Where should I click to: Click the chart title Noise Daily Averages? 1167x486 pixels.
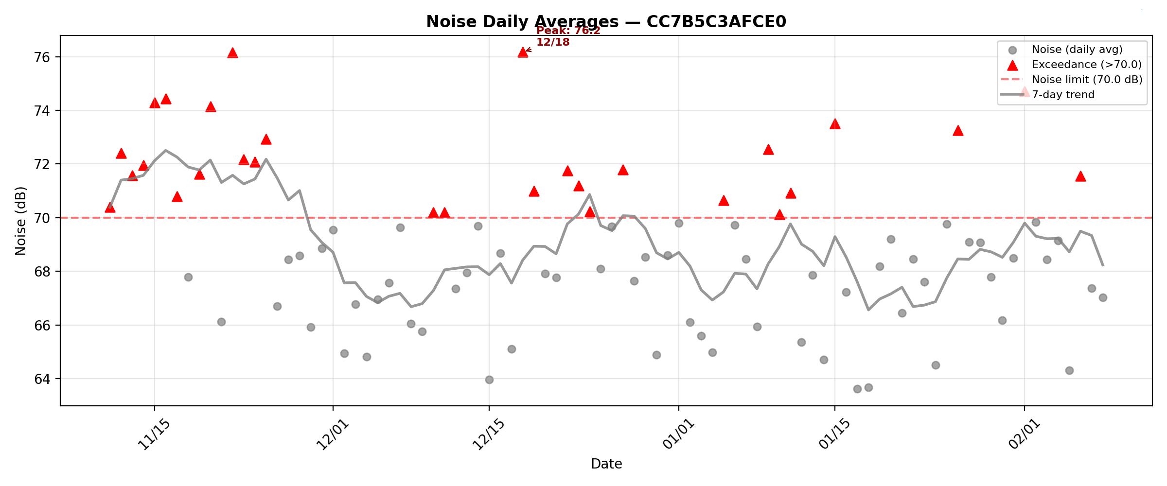[606, 22]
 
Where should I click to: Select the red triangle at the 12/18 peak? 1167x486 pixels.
[523, 52]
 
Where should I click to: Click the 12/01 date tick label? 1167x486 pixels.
[332, 434]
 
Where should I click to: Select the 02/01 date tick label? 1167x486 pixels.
[1023, 434]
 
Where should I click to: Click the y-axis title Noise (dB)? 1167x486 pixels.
[20, 221]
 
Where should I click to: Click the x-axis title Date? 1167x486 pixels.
[606, 464]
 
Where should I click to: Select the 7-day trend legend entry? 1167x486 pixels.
[1063, 95]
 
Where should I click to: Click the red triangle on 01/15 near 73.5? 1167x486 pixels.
[835, 124]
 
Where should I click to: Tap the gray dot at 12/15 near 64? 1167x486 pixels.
[489, 380]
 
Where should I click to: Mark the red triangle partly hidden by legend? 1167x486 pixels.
[1025, 92]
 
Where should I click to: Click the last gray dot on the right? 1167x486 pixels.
[1103, 297]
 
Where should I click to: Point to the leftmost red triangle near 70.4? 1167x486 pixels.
[110, 208]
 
